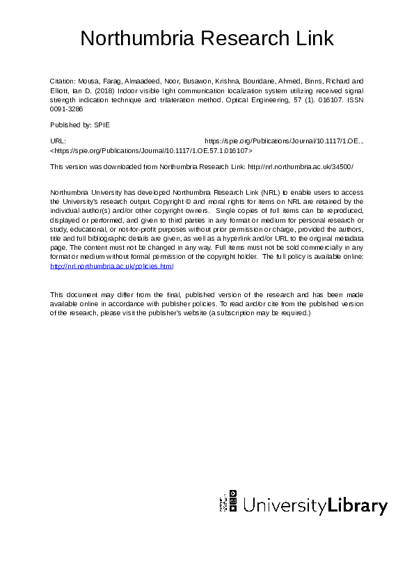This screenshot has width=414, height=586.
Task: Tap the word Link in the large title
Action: tap(311, 38)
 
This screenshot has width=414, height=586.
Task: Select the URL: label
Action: tap(58, 141)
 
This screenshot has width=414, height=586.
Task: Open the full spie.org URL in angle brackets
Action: tap(152, 150)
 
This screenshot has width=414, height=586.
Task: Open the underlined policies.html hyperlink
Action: tap(111, 266)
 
